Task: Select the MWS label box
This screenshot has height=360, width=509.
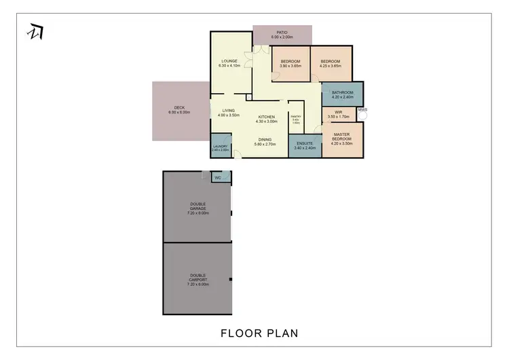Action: [362, 110]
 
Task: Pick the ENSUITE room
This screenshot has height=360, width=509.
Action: [305, 145]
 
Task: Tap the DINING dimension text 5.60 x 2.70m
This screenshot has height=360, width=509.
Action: [267, 144]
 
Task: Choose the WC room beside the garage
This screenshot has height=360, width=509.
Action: [218, 178]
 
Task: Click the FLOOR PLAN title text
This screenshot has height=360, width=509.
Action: [259, 334]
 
